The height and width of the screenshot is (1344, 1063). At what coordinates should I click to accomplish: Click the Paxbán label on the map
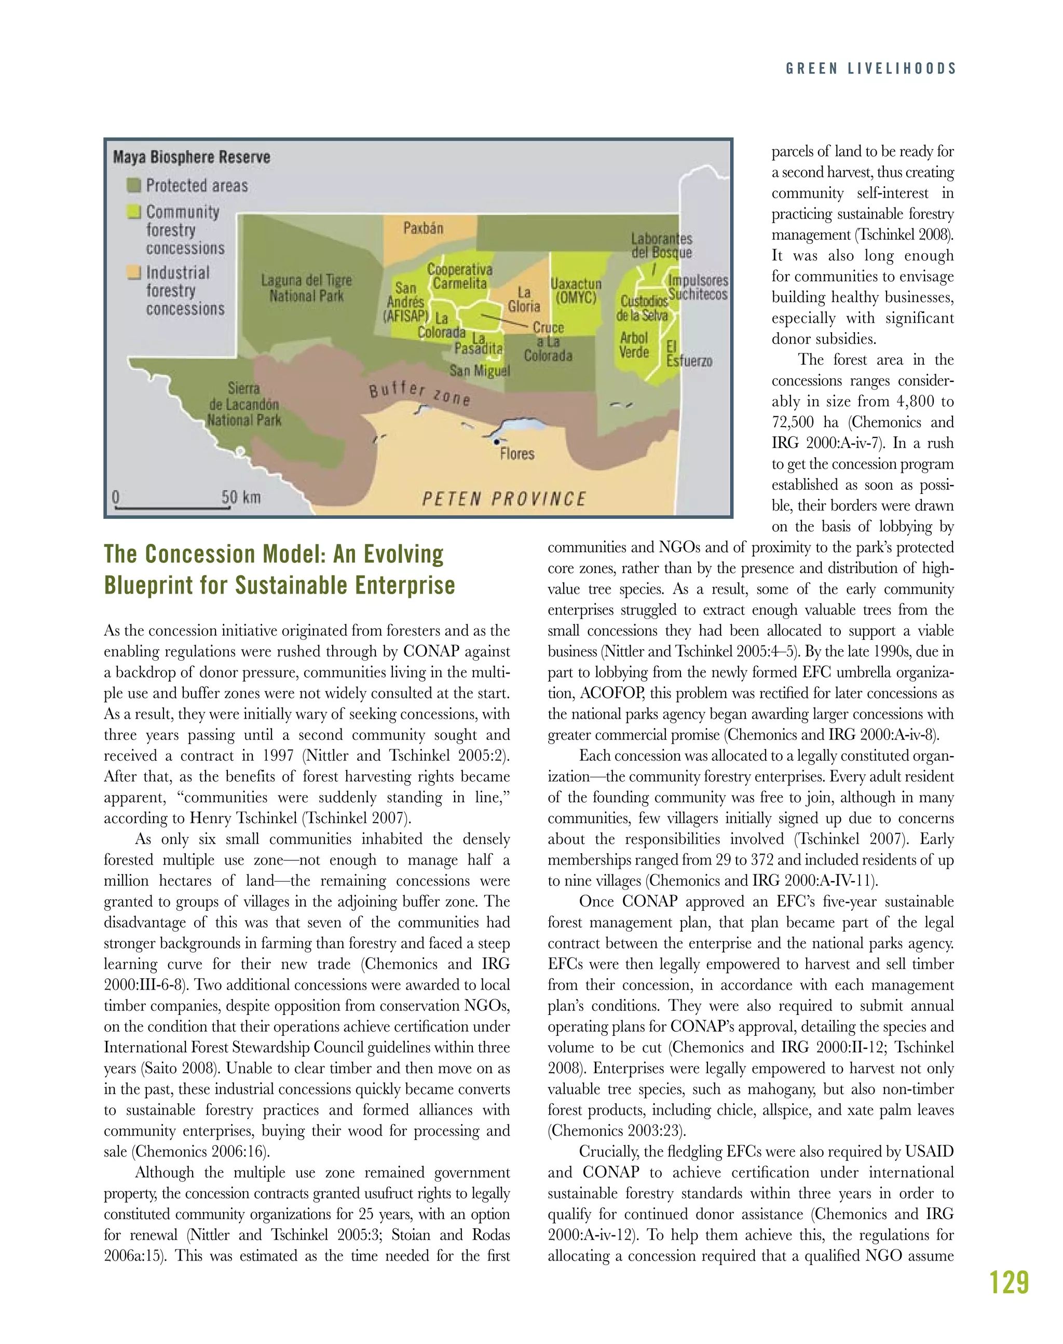(x=423, y=228)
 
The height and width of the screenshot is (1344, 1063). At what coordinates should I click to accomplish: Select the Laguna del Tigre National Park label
(x=306, y=288)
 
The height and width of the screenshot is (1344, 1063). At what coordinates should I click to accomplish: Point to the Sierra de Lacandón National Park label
(x=244, y=404)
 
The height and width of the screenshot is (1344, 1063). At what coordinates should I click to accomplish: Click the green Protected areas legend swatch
(x=133, y=185)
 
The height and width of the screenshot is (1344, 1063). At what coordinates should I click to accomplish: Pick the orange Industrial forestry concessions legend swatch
(x=133, y=272)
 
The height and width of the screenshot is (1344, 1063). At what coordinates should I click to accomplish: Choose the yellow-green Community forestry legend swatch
(x=133, y=212)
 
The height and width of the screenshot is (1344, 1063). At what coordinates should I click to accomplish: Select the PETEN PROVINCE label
(x=504, y=499)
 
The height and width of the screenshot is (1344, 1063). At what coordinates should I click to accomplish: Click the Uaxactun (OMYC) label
(x=576, y=291)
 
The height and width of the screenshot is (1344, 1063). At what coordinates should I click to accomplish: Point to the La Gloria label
(x=524, y=299)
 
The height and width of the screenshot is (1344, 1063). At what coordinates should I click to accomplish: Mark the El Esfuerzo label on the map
(x=689, y=353)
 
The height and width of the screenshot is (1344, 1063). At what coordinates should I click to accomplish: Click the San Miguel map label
(x=479, y=371)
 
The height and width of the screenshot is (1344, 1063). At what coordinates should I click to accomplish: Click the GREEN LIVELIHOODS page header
(x=870, y=68)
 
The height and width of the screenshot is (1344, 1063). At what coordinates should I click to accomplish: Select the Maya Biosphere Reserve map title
(x=192, y=157)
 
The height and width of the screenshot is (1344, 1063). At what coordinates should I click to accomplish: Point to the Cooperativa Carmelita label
(x=460, y=276)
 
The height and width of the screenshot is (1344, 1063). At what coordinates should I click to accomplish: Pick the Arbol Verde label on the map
(x=634, y=345)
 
